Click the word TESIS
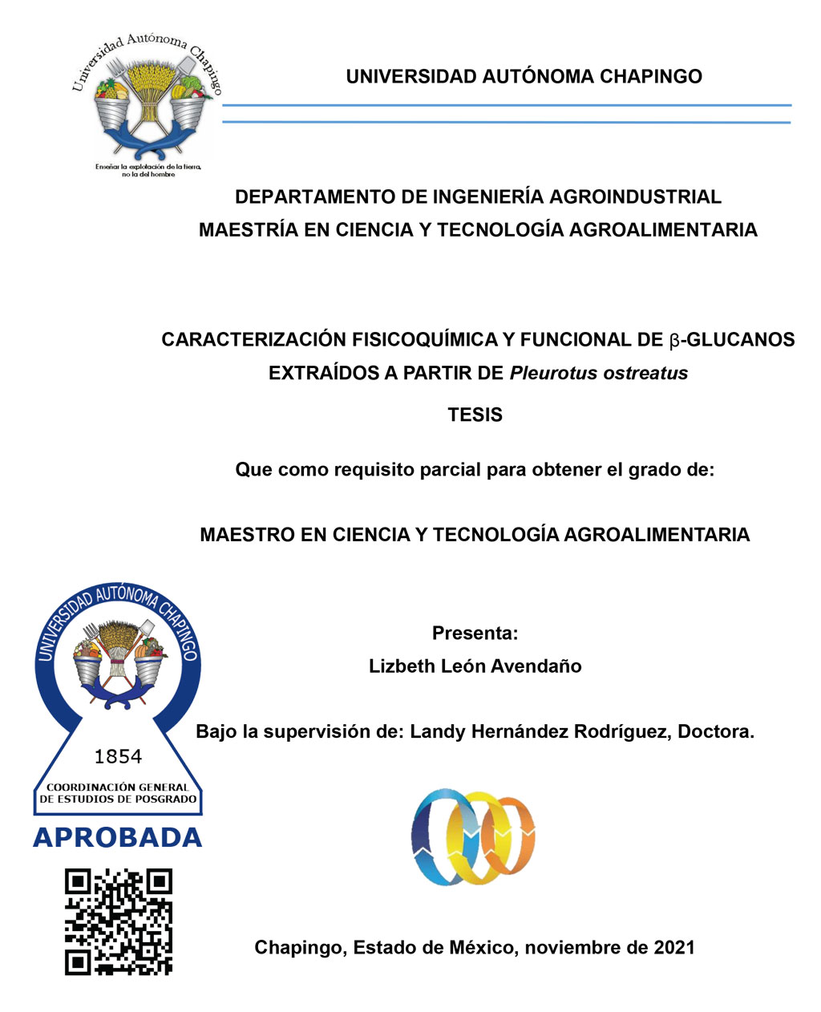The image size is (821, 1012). click(475, 415)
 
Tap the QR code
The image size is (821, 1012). click(119, 921)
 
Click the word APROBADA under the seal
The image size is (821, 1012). click(118, 837)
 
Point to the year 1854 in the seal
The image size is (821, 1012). click(118, 756)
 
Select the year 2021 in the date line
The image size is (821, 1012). click(673, 947)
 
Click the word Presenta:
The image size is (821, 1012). click(475, 633)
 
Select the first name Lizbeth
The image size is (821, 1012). click(402, 666)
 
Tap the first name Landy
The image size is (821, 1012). click(436, 731)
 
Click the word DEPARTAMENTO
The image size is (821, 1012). click(329, 196)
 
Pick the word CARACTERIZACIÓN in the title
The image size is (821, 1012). click(247, 340)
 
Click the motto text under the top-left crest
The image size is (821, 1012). click(148, 170)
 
